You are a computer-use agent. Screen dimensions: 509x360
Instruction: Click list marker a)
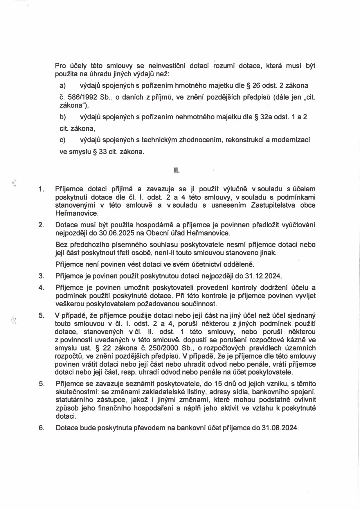[63, 86]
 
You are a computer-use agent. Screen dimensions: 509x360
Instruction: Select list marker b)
[63, 117]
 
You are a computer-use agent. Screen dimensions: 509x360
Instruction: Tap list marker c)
[63, 140]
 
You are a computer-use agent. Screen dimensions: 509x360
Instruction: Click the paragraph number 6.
[41, 428]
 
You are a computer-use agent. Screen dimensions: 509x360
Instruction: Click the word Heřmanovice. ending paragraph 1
[77, 213]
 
